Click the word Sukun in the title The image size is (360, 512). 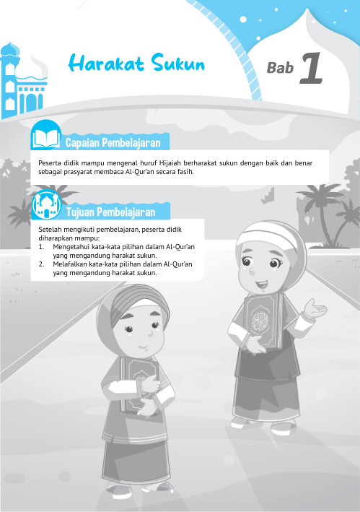pyautogui.click(x=178, y=65)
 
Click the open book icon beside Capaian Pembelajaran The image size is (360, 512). pyautogui.click(x=46, y=136)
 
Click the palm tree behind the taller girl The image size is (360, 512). pyautogui.click(x=328, y=209)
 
